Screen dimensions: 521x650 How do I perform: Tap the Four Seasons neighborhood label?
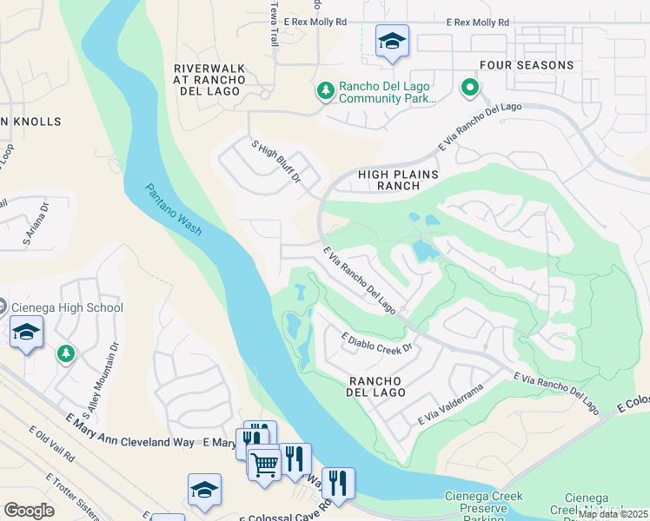[x=527, y=65]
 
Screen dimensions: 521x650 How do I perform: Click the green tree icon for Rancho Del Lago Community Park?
[x=325, y=91]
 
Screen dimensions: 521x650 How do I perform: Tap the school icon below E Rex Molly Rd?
[x=392, y=42]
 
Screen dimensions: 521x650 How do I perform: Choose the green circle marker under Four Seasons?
[x=469, y=87]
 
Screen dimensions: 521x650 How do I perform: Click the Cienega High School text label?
[x=68, y=307]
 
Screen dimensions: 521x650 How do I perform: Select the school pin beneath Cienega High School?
[x=26, y=333]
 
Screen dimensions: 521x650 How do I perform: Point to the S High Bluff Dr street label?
[x=275, y=162]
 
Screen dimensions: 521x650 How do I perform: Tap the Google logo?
[x=29, y=510]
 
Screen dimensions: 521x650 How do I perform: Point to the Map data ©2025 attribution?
[x=612, y=514]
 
